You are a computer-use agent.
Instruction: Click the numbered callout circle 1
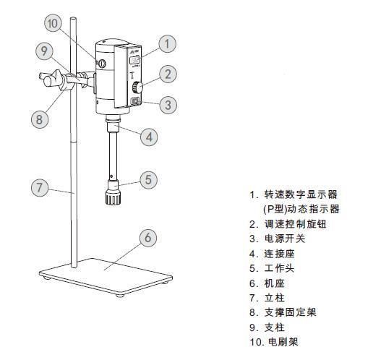(168, 44)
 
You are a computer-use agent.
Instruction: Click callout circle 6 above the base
(147, 238)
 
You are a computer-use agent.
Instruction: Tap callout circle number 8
(40, 119)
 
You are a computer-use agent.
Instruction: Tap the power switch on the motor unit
(135, 102)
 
